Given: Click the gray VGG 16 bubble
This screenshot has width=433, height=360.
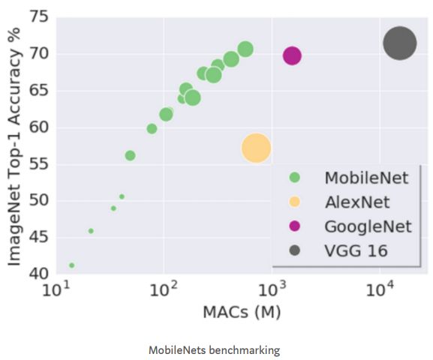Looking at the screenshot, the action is coord(399,43).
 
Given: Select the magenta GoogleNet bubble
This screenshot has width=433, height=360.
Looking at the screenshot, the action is coord(292,55).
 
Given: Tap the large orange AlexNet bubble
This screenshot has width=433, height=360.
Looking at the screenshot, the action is coord(256,148).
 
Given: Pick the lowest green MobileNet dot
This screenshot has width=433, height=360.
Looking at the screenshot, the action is coord(72,265).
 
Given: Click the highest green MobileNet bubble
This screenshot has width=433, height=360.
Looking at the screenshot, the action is coord(245,49).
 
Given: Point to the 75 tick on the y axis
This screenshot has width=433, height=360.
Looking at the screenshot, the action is coord(39,16).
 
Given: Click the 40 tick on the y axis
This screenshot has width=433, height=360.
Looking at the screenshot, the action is coord(39,274).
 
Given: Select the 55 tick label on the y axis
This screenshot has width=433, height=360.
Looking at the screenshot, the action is coord(39,164).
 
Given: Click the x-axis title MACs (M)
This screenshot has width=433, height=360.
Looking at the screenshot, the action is coord(242,312).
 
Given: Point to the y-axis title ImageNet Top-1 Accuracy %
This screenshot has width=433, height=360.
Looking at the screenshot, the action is coord(14,146).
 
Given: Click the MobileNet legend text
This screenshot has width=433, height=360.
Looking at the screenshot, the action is coord(366,178).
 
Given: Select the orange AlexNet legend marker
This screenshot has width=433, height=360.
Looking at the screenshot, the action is coord(294,202).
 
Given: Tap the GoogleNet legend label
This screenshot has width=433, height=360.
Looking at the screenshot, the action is coord(368,226).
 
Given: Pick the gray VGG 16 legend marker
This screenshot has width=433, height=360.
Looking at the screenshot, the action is coord(294,250).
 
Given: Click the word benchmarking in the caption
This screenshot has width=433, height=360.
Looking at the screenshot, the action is coord(244,350).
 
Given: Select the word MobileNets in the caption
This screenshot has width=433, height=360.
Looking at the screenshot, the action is coord(177,350).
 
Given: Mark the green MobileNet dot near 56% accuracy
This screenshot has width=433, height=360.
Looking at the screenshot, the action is coord(130,155).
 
